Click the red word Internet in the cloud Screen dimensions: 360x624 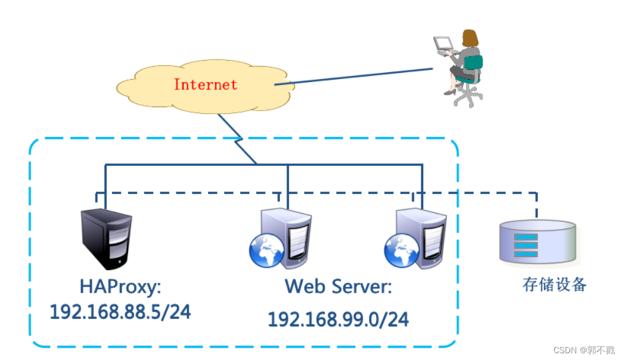205,84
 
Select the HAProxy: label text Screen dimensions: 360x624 120,286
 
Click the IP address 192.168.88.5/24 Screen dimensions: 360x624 120,312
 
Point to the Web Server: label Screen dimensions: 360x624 338,286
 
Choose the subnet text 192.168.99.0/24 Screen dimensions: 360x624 338,319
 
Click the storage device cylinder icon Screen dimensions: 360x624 537,242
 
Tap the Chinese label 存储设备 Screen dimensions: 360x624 554,285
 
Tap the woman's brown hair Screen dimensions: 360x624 470,38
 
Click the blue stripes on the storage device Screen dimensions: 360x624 525,245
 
